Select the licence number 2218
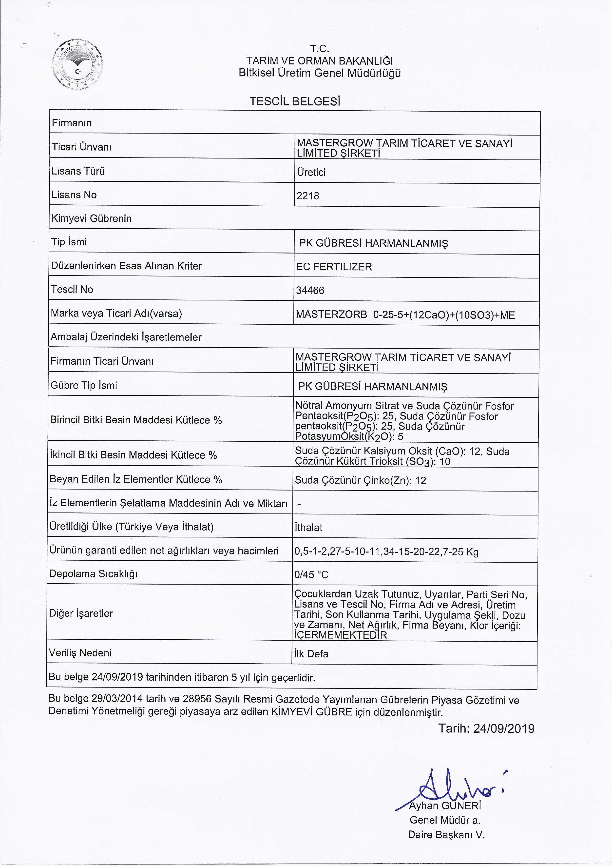(x=308, y=196)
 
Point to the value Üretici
(x=311, y=172)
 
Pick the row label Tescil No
(x=72, y=289)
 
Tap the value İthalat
(x=308, y=527)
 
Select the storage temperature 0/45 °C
(x=311, y=574)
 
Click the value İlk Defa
(x=311, y=654)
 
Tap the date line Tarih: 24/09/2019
(x=486, y=728)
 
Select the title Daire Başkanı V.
(x=446, y=835)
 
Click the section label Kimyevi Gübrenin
(x=91, y=218)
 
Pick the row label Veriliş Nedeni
(x=80, y=652)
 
